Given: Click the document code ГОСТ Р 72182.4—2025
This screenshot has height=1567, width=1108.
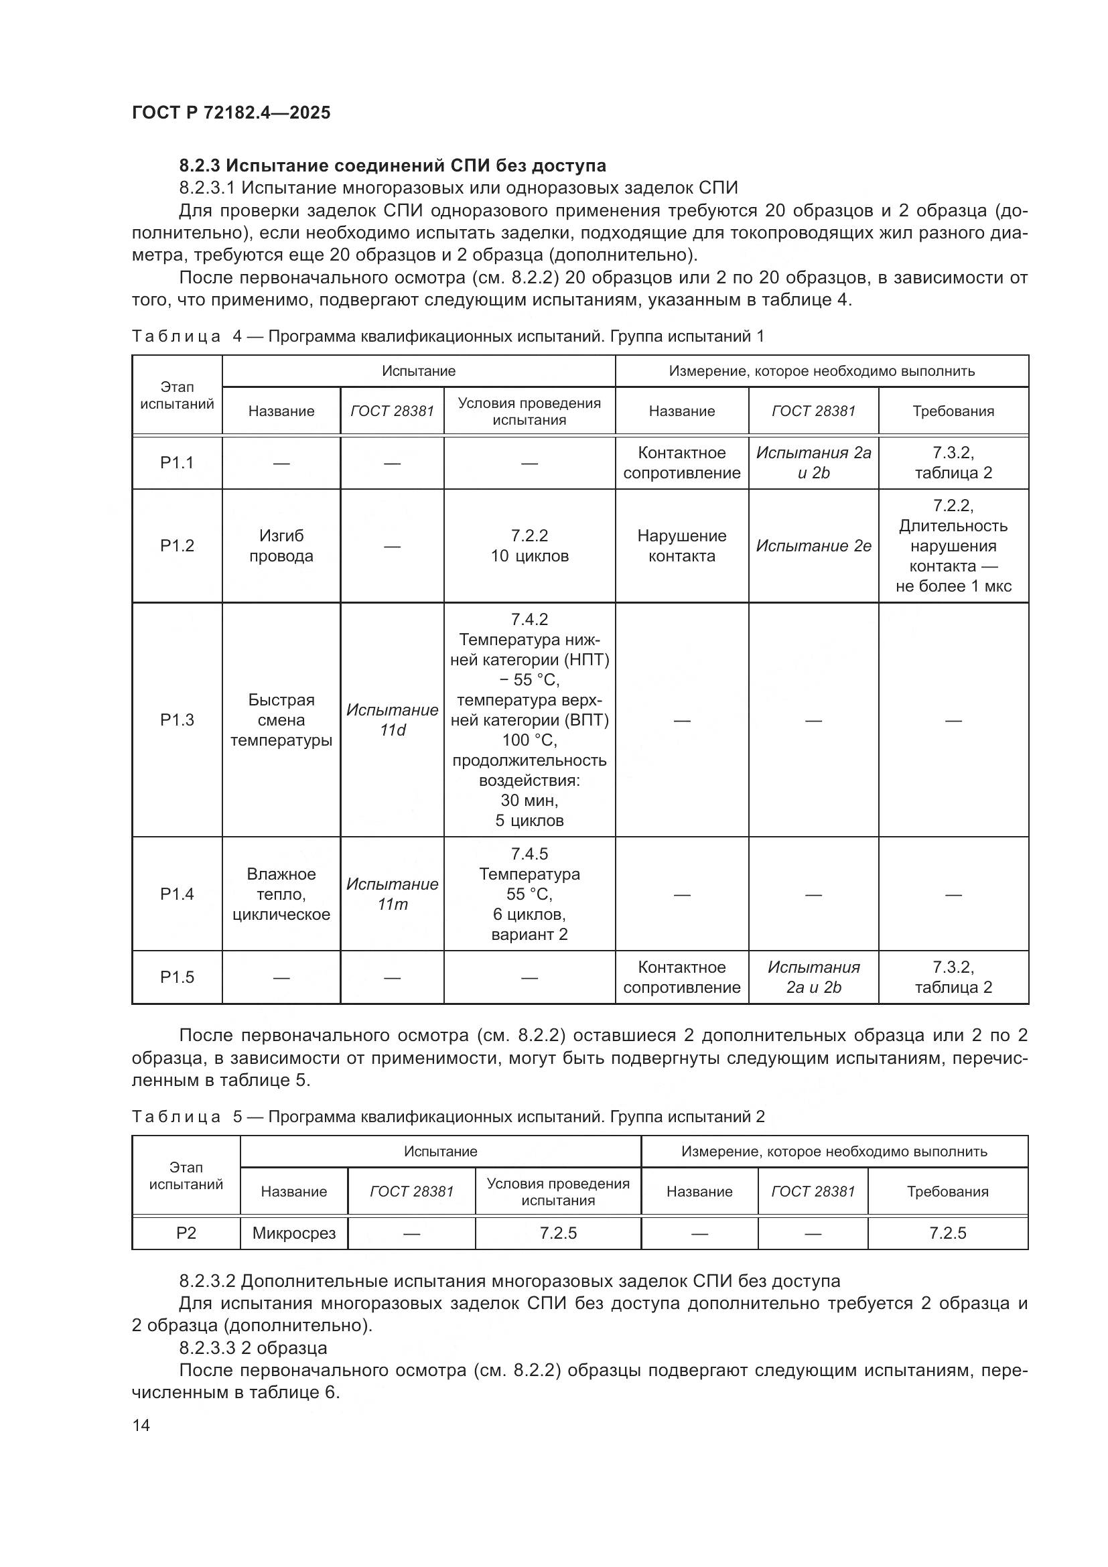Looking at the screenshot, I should pyautogui.click(x=230, y=113).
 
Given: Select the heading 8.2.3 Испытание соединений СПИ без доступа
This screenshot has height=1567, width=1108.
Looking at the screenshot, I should pyautogui.click(x=393, y=165).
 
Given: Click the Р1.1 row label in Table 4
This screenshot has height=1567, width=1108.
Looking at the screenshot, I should pyautogui.click(x=177, y=463).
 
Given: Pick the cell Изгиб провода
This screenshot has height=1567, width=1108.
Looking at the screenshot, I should pyautogui.click(x=281, y=545).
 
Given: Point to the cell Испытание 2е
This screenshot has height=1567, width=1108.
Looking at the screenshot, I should pyautogui.click(x=813, y=546).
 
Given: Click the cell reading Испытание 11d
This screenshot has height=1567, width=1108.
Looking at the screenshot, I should pyautogui.click(x=393, y=720).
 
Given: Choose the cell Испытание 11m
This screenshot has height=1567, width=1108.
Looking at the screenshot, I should pyautogui.click(x=393, y=894).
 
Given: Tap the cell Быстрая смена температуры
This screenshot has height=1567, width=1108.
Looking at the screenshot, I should pyautogui.click(x=281, y=720).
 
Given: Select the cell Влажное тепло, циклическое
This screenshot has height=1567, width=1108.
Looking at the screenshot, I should pyautogui.click(x=281, y=894).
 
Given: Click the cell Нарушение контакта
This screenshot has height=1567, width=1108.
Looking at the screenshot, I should pyautogui.click(x=681, y=545).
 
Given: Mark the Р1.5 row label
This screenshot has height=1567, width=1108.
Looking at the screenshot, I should pyautogui.click(x=177, y=977).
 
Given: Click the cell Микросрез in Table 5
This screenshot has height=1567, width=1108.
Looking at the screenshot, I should pyautogui.click(x=294, y=1233).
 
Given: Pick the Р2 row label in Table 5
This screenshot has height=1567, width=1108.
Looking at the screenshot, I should pyautogui.click(x=186, y=1233).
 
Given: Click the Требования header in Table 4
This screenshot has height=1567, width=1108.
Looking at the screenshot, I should pyautogui.click(x=953, y=411).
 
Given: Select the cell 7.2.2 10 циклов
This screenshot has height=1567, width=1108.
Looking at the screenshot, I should pyautogui.click(x=529, y=545).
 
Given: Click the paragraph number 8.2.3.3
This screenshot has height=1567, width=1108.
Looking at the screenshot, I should pyautogui.click(x=208, y=1348).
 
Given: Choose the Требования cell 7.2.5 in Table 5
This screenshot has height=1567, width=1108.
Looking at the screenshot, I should pyautogui.click(x=948, y=1233).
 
